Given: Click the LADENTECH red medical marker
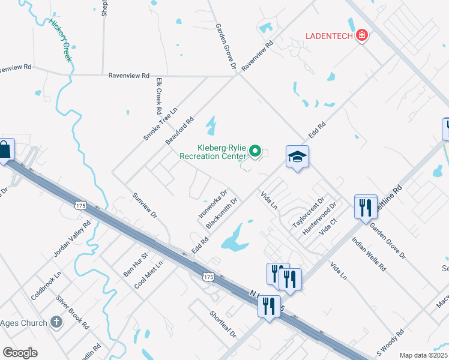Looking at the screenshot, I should point(361,35).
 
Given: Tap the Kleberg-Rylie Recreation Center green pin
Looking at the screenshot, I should point(255,151).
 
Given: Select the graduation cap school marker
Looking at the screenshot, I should point(297,157).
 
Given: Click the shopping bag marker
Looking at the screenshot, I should point(5,150).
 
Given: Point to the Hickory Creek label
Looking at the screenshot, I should point(61,40).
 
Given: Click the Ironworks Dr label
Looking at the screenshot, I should point(212,204).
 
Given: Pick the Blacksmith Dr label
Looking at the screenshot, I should point(221,213).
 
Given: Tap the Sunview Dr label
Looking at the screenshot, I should point(144,205).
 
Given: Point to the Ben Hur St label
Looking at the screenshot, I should point(131,265).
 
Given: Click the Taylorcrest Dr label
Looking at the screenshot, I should point(308,212).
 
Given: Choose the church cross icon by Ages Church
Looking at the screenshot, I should point(56,323).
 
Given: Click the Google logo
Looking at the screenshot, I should point(20,353).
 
